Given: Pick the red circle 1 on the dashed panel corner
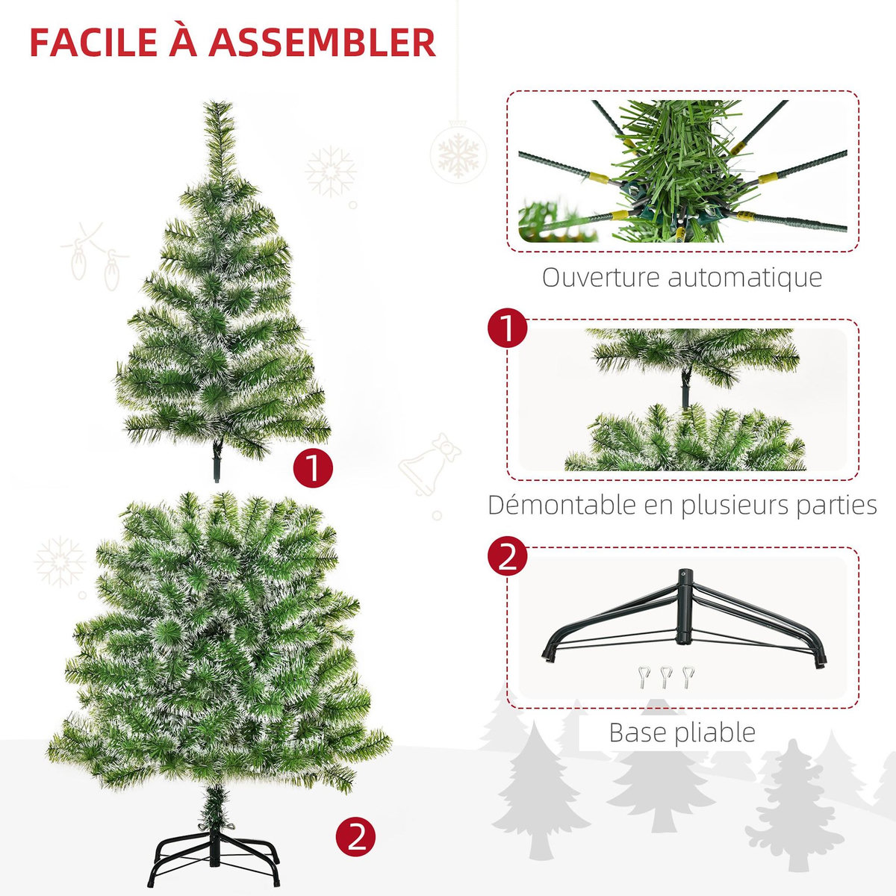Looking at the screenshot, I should click(507, 329).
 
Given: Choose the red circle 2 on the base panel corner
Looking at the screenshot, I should click(507, 557).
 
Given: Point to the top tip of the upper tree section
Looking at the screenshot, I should click(217, 105).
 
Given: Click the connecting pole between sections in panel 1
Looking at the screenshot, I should click(685, 391).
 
